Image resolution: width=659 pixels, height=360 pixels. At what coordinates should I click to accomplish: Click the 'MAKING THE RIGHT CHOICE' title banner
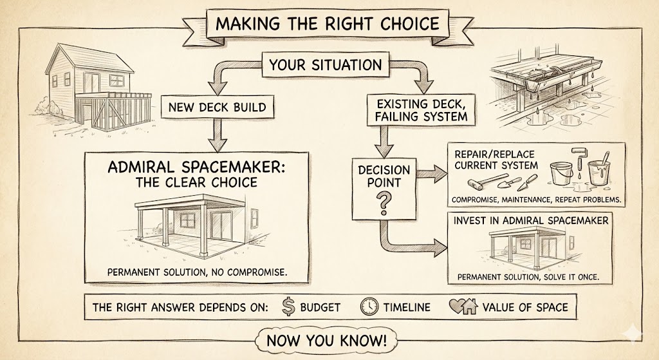pyautogui.click(x=328, y=24)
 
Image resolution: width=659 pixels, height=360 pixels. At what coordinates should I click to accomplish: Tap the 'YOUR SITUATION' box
pyautogui.click(x=325, y=65)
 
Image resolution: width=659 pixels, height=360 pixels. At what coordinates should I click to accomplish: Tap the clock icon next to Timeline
pyautogui.click(x=369, y=307)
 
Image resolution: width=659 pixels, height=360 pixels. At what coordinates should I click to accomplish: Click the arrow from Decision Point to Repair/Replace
pyautogui.click(x=432, y=173)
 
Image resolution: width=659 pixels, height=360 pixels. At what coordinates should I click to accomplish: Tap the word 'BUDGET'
pyautogui.click(x=320, y=307)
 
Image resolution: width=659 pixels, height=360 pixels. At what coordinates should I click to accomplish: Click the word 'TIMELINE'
pyautogui.click(x=407, y=307)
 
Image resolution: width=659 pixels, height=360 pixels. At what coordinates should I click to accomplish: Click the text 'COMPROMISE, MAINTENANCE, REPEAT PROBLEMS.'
pyautogui.click(x=536, y=200)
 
